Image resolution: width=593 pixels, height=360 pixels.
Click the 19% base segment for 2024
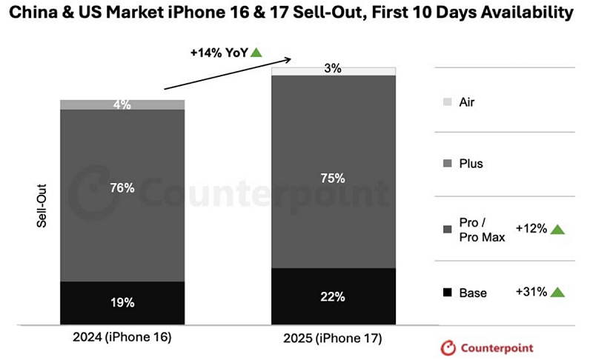[122, 302]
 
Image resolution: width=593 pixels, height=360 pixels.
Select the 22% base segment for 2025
[334, 296]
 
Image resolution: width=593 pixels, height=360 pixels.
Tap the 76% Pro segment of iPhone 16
[122, 188]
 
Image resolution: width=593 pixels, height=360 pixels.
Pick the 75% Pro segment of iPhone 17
[334, 178]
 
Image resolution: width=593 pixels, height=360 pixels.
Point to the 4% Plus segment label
[122, 104]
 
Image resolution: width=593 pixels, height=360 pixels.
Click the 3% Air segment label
[334, 69]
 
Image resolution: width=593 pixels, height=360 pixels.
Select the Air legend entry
[467, 102]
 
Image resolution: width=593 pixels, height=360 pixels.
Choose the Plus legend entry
[471, 163]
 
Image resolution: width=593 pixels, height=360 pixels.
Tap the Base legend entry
[472, 293]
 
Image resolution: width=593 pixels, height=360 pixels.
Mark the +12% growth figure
[531, 229]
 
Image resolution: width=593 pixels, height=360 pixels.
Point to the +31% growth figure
[531, 292]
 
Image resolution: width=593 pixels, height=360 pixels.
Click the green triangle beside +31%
[557, 292]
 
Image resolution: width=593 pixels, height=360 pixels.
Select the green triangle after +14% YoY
[256, 52]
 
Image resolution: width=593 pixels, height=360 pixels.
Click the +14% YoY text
[219, 53]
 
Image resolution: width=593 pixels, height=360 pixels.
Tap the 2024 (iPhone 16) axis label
[122, 337]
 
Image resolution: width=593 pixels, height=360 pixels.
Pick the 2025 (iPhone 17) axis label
[334, 339]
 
